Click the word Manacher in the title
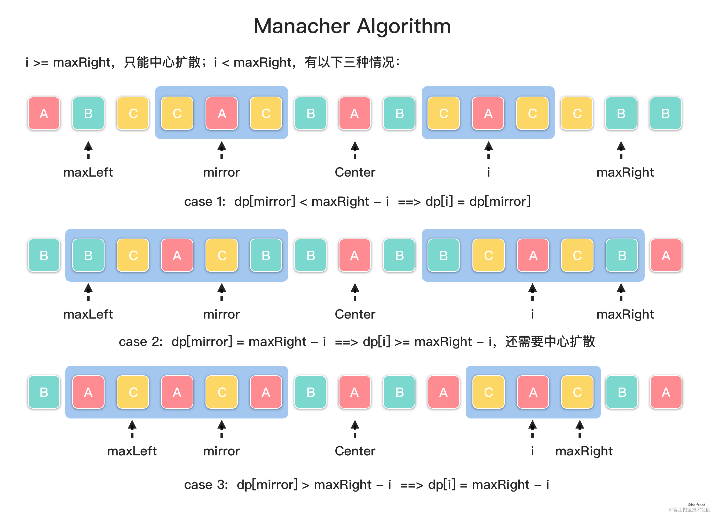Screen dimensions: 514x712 tap(301, 26)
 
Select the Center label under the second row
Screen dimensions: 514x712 tap(355, 314)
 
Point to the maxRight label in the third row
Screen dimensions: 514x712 tap(584, 451)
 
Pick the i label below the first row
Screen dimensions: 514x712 tap(488, 172)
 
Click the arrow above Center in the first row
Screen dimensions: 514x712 tap(355, 150)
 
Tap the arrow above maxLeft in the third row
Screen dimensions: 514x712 tap(132, 429)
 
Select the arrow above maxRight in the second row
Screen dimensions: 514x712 tap(621, 292)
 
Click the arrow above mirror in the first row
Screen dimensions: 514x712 tap(222, 150)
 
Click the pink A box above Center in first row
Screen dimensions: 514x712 tap(355, 113)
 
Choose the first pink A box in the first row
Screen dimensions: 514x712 tap(44, 113)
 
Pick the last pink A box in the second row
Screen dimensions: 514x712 tap(666, 255)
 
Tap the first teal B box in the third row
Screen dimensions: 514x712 tap(44, 392)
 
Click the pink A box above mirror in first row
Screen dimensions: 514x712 tap(222, 113)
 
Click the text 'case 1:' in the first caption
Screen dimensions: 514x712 tap(205, 202)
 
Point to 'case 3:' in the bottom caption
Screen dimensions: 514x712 tap(206, 485)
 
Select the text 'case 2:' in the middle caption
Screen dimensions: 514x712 tap(141, 342)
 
